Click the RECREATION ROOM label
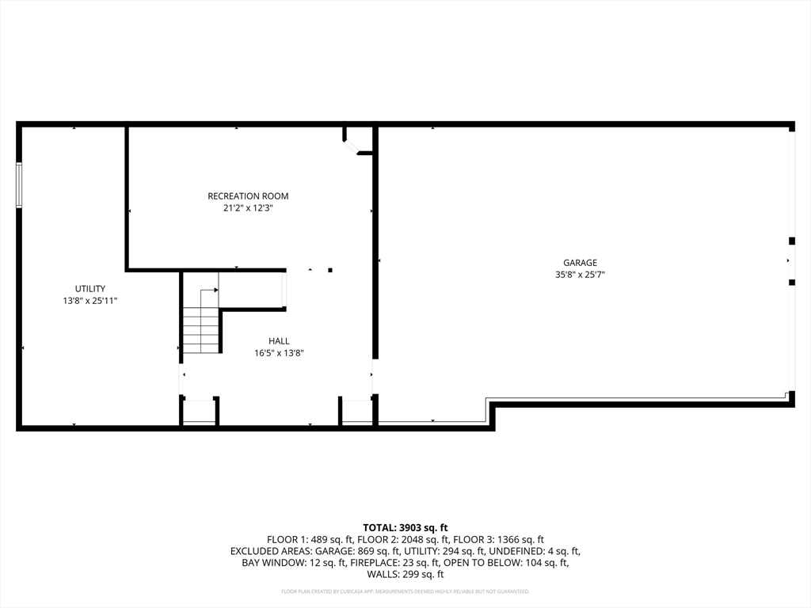[x=248, y=196]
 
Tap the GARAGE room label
[x=580, y=263]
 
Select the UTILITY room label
[x=90, y=289]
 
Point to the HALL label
[x=279, y=341]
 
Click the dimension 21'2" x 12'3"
[x=248, y=208]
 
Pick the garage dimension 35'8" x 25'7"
[x=580, y=275]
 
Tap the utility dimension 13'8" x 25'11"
[x=90, y=301]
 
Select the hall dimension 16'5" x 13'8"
[x=279, y=353]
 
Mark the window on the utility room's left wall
[x=19, y=185]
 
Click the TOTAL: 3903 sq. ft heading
[x=405, y=527]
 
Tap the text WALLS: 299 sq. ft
[x=405, y=575]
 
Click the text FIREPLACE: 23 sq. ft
[x=381, y=563]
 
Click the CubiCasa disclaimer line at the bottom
[x=405, y=591]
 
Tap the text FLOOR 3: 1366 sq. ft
[x=496, y=539]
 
